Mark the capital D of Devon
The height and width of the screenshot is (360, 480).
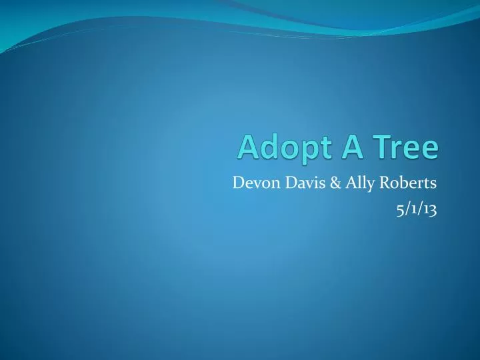tap(238, 182)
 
